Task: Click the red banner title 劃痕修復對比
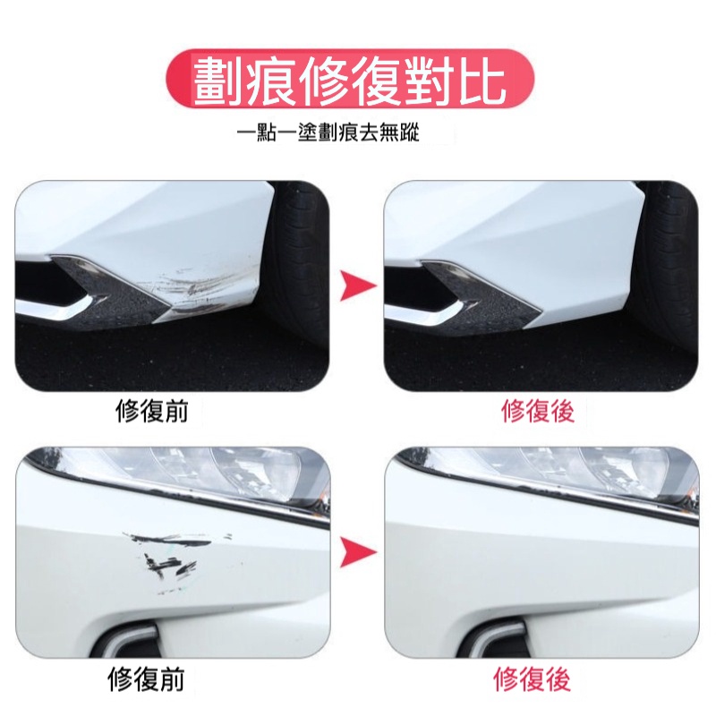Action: coord(349,82)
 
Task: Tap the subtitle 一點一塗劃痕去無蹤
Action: coord(328,132)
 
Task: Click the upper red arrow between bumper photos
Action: coord(359,286)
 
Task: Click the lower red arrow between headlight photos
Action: coord(359,552)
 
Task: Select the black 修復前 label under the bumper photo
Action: coord(152,411)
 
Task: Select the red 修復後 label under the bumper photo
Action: coord(538,411)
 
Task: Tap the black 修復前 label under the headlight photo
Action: coord(147,678)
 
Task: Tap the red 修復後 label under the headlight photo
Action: coord(533,678)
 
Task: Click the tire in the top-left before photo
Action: coord(297,278)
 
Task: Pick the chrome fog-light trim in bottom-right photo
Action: coord(502,638)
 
